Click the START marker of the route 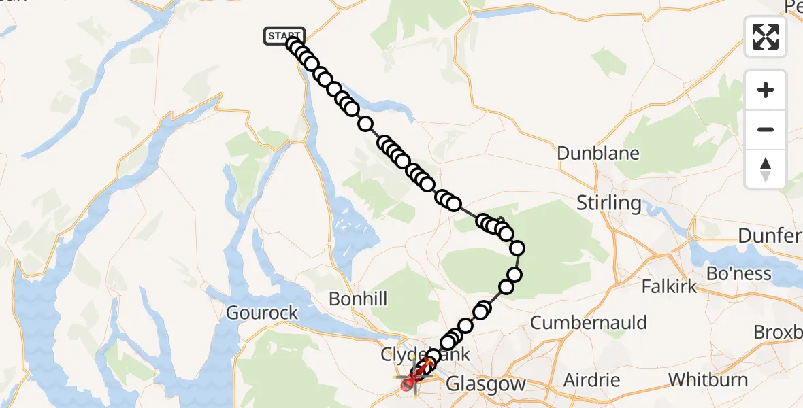point(284,36)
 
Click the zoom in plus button point(766,90)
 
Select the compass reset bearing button point(766,169)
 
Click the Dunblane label point(598,153)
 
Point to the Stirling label point(609,203)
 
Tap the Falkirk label point(669,286)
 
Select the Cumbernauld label point(589,322)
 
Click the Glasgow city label point(486,384)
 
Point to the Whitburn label point(708,379)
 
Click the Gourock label point(263,313)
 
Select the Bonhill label point(358,299)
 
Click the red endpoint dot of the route point(407,386)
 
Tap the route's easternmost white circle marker point(517,248)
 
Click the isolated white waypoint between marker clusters point(365,124)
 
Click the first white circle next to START point(294,45)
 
